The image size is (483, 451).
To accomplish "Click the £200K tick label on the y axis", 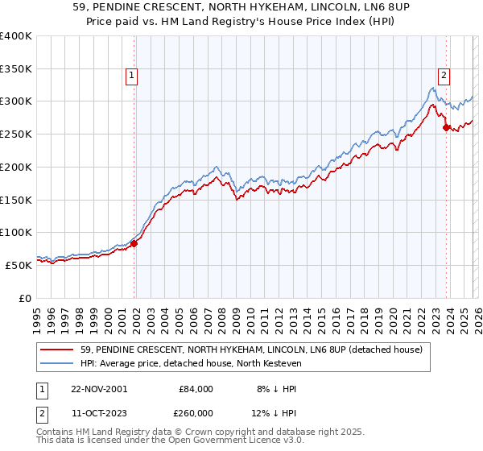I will pyautogui.click(x=16, y=167).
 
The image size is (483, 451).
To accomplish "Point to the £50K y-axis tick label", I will pyautogui.click(x=19, y=265).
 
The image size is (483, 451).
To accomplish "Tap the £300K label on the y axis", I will pyautogui.click(x=16, y=101).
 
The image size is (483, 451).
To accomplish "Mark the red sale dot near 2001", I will pyautogui.click(x=134, y=243).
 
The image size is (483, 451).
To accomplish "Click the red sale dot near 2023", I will pyautogui.click(x=446, y=127).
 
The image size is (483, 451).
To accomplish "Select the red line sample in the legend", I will pyautogui.click(x=58, y=350).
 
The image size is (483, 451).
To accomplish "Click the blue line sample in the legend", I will pyautogui.click(x=58, y=363).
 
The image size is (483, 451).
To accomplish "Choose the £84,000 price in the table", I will pyautogui.click(x=195, y=388).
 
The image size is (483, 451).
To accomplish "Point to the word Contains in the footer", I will pyautogui.click(x=56, y=432).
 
